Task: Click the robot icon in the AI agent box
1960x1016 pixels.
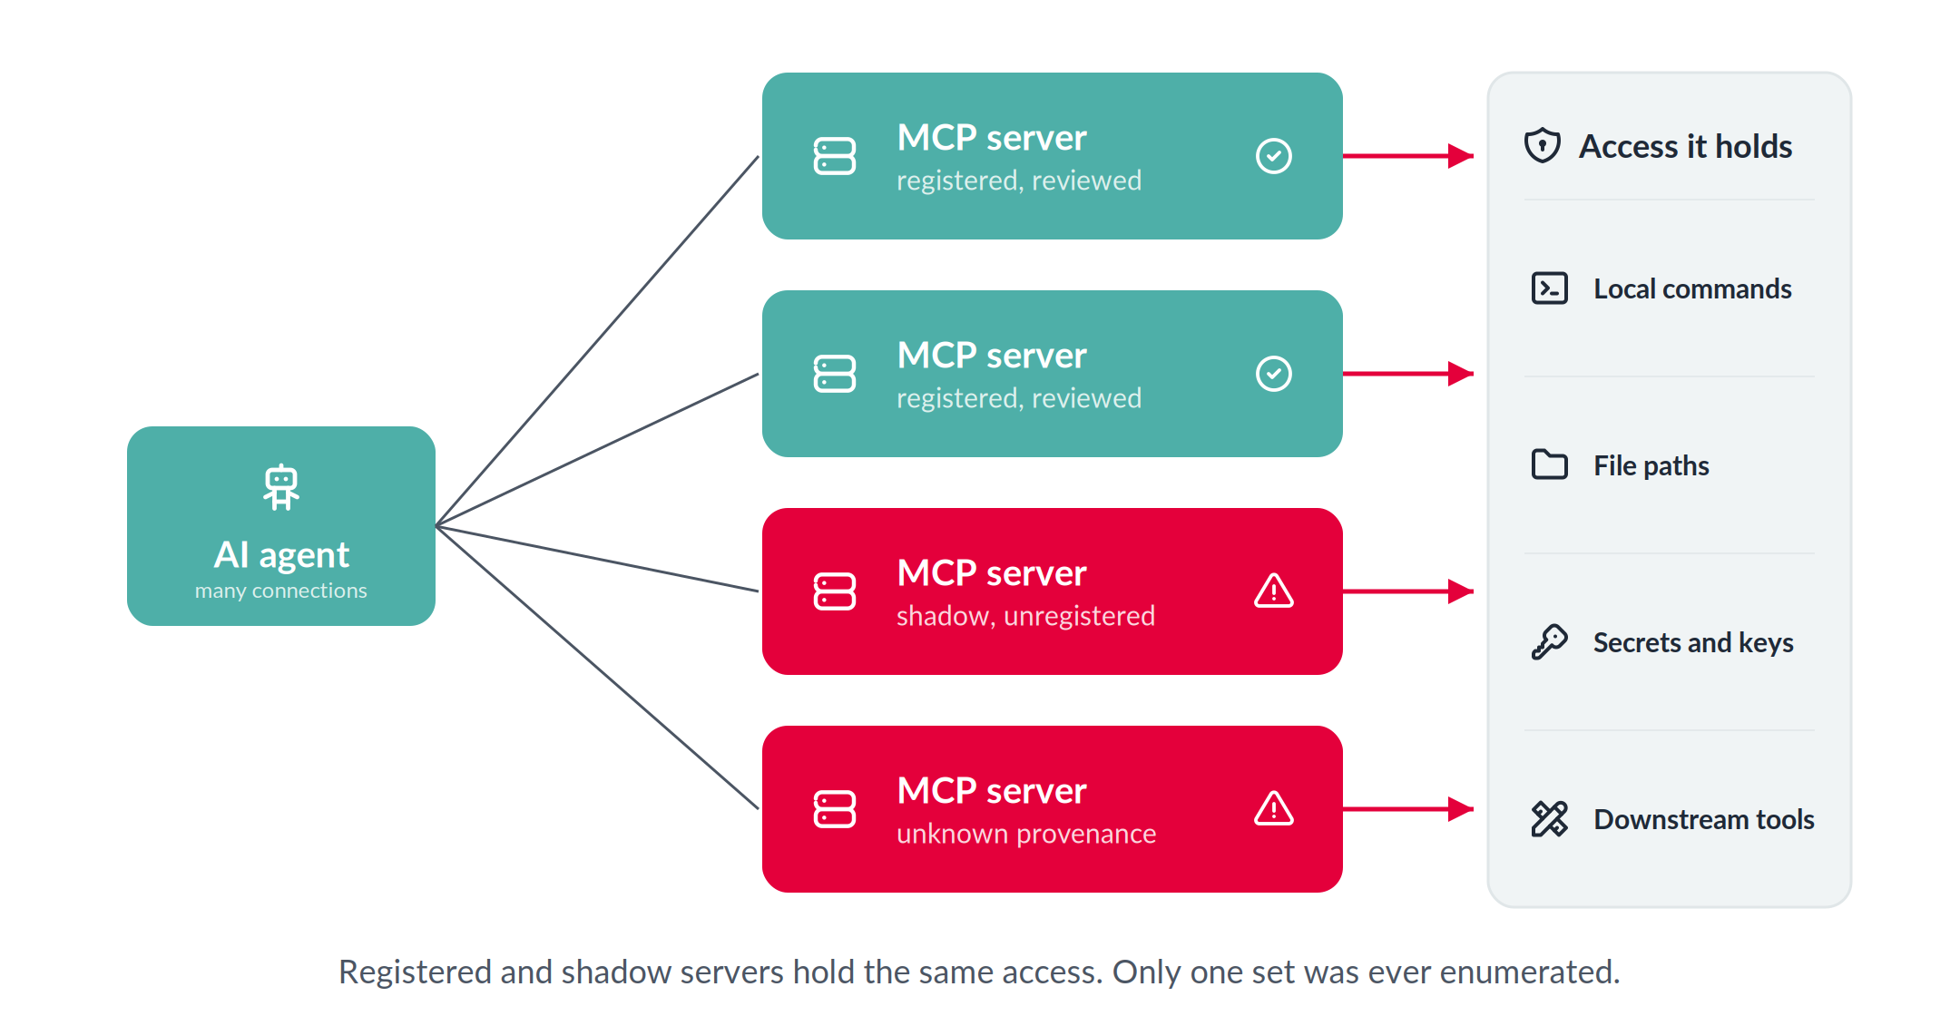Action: pos(281,487)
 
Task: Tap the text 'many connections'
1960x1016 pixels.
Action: pos(281,591)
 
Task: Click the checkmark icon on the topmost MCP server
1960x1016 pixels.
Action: pos(1274,156)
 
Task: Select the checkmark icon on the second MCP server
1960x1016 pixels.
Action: pos(1274,374)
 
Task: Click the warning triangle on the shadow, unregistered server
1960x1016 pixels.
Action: pos(1274,591)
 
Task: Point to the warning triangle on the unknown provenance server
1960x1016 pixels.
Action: pos(1274,809)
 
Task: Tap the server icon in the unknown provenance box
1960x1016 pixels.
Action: pos(835,809)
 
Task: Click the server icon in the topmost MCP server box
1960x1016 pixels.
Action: pos(835,156)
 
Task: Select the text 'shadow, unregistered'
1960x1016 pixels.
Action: pos(1025,616)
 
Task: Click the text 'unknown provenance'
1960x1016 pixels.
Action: pos(1026,834)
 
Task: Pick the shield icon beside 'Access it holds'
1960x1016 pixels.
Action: pos(1543,145)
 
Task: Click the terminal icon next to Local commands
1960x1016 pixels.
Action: pos(1550,288)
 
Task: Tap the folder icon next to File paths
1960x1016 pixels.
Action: pos(1550,464)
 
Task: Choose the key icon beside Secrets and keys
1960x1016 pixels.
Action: pos(1550,642)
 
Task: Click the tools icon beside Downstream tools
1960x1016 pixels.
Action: pos(1550,819)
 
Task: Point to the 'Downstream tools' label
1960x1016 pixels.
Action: pos(1704,819)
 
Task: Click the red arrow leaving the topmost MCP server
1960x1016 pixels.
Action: pos(1408,156)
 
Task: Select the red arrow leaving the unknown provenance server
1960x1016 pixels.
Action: pos(1408,809)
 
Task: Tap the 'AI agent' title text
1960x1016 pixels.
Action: pos(281,554)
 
